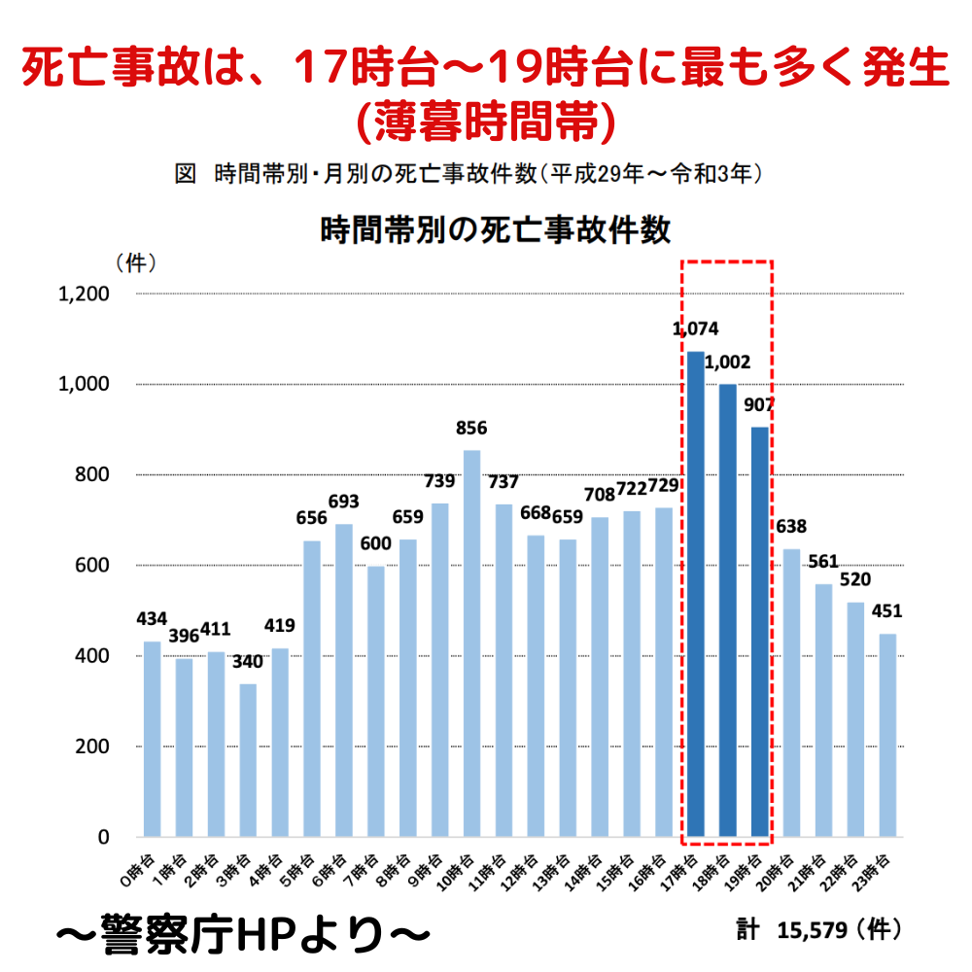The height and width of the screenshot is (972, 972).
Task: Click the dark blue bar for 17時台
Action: coord(696,593)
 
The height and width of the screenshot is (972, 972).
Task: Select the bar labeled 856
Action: coord(471,642)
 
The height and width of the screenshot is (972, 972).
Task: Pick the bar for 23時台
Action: coord(887,735)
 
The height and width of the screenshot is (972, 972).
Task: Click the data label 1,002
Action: coord(727,363)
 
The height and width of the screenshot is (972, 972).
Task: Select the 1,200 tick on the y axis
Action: coord(85,295)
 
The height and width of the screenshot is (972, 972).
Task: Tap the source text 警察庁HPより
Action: coord(243,934)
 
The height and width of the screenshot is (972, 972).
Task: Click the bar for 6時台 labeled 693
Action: coord(344,680)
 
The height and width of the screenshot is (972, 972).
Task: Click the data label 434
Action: coord(152,618)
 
